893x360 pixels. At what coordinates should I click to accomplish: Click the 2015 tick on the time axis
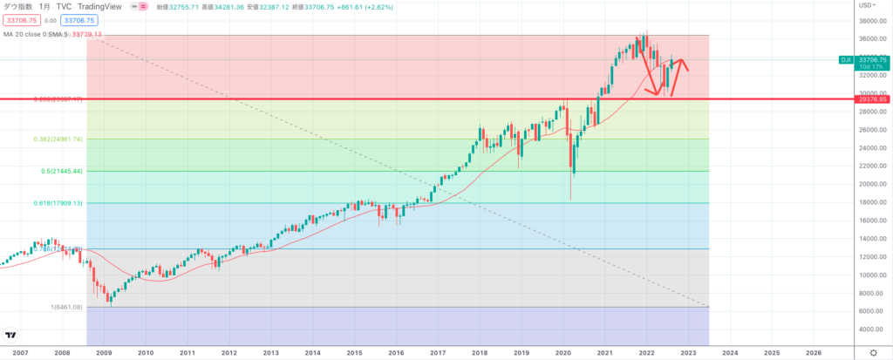coord(354,353)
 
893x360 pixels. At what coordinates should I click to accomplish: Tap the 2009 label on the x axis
coord(104,353)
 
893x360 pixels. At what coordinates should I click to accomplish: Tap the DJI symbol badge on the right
coord(845,59)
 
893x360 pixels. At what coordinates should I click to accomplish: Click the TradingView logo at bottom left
coord(11,335)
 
